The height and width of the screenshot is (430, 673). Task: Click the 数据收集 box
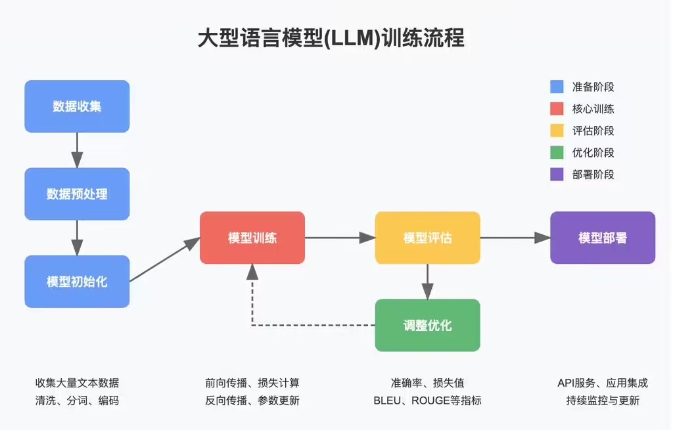[x=77, y=106]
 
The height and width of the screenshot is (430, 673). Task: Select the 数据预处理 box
[x=77, y=194]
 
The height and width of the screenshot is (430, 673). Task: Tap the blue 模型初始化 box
[x=77, y=282]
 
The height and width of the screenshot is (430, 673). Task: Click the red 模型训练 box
[x=252, y=238]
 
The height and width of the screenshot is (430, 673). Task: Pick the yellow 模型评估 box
[x=427, y=238]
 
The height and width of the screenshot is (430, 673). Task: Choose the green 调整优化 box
[x=427, y=325]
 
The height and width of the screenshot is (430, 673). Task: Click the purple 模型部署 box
[x=603, y=238]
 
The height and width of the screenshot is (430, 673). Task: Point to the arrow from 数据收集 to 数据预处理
[x=77, y=150]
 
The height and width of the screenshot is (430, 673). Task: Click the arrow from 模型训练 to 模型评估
[x=340, y=238]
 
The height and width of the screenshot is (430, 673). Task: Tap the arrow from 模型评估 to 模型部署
[x=515, y=238]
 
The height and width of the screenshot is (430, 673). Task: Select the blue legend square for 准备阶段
[x=557, y=87]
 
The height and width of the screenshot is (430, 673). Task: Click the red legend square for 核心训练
[x=557, y=109]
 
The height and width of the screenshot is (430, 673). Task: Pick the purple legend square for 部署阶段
[x=557, y=175]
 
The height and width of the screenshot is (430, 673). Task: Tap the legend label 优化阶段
[x=593, y=153]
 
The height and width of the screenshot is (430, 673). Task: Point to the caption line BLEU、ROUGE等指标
[x=427, y=400]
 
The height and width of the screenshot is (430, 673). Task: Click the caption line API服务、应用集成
[x=603, y=383]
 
